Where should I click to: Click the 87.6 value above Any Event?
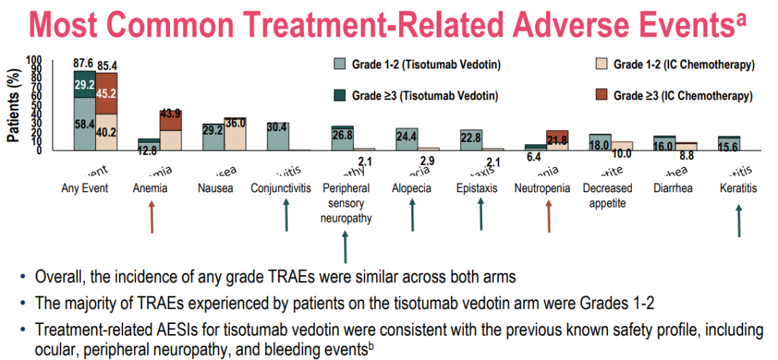click(x=84, y=64)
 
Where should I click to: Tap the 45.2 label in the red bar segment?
click(x=107, y=92)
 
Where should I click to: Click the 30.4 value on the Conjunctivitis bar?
click(x=278, y=127)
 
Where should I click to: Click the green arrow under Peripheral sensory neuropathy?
click(x=346, y=246)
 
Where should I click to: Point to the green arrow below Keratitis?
click(x=738, y=221)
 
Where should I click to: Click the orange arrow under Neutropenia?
click(x=548, y=217)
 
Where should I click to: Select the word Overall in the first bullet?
click(x=59, y=276)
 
